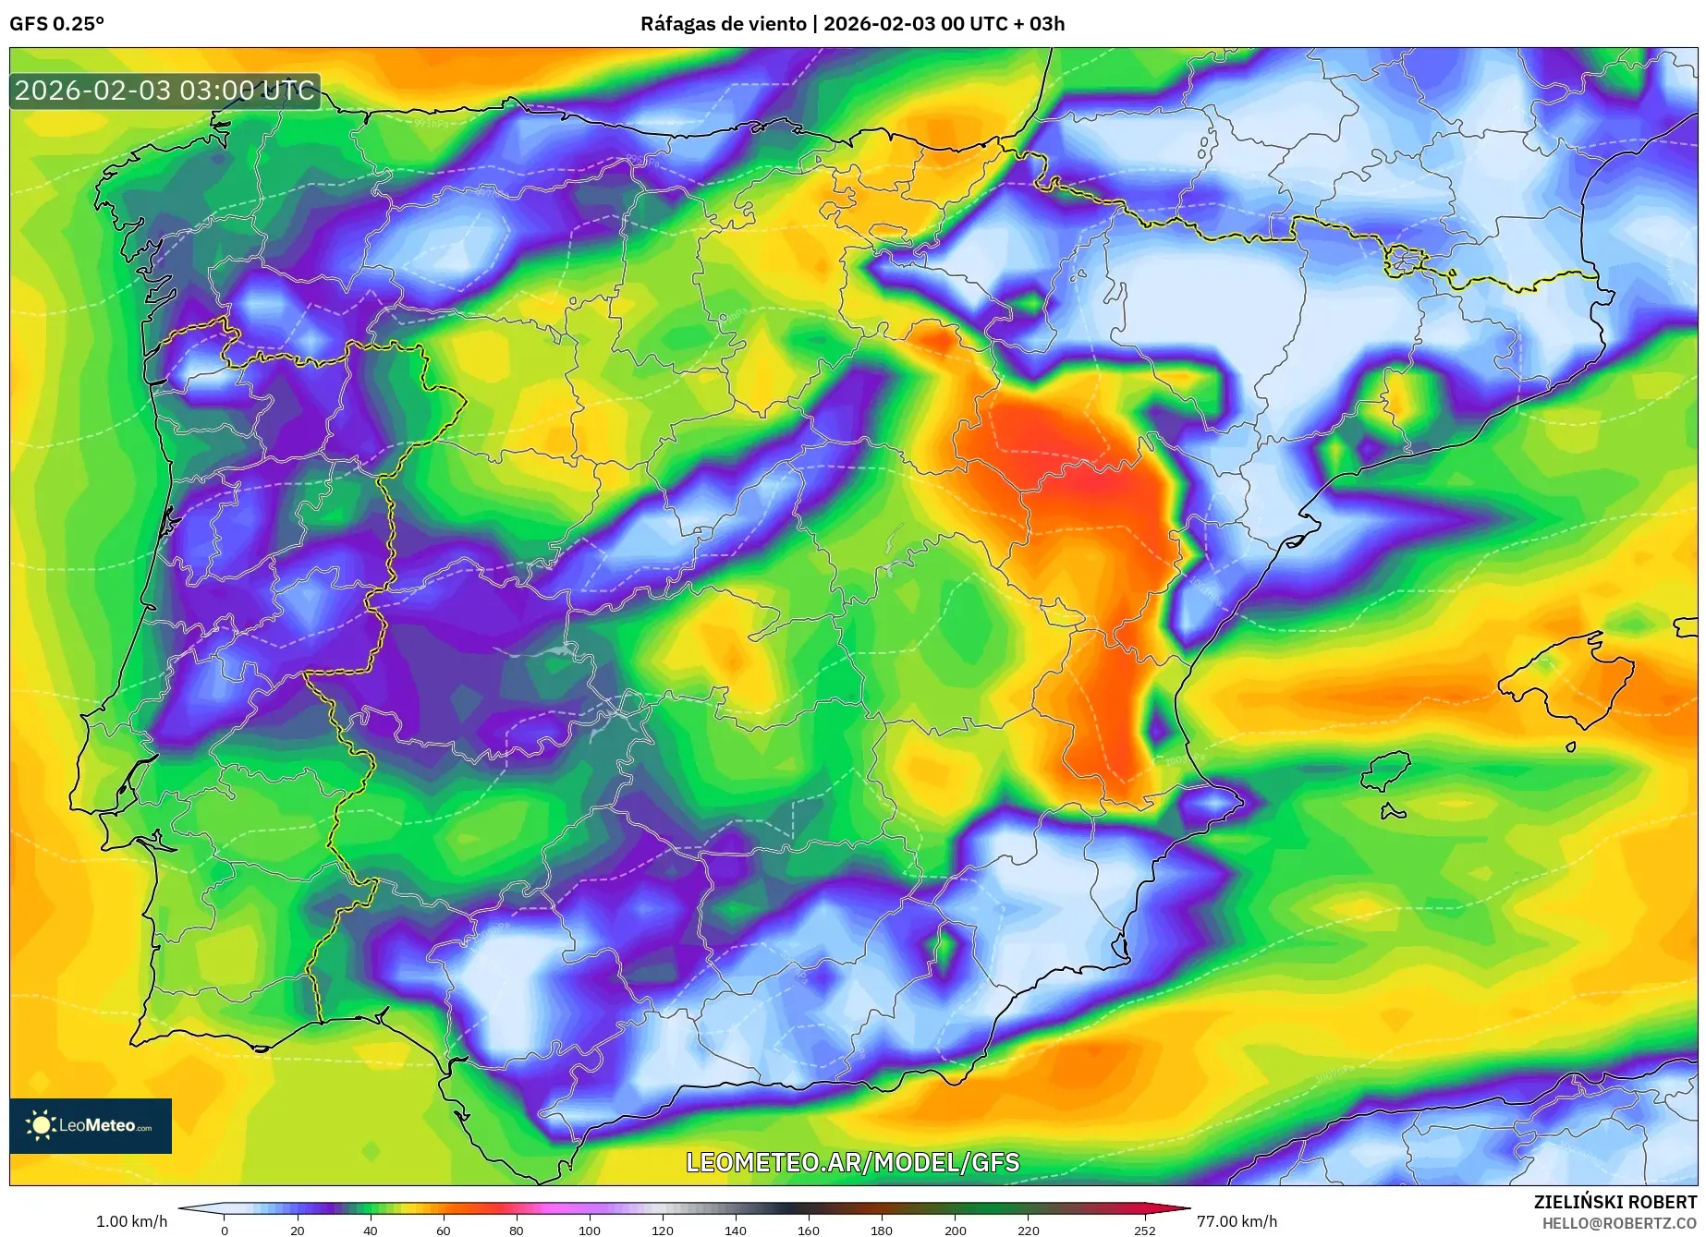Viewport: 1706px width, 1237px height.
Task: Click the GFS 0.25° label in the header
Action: [x=56, y=24]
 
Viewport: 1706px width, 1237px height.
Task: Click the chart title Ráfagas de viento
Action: [x=723, y=24]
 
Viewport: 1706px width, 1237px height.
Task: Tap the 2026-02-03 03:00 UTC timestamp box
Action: [x=165, y=91]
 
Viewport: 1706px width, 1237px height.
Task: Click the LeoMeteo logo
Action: [x=91, y=1125]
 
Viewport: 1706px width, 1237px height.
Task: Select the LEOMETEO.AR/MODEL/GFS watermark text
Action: [x=852, y=1162]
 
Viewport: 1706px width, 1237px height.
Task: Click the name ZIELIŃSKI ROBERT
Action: [x=1615, y=1202]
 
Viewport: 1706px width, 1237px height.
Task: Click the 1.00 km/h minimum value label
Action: [x=131, y=1221]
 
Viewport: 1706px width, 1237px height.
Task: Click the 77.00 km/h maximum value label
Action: [x=1237, y=1221]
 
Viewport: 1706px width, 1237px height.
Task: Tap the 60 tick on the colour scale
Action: [x=443, y=1230]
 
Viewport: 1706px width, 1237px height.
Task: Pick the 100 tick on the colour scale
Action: [x=589, y=1230]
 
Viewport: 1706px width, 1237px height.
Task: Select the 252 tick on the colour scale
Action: [x=1144, y=1230]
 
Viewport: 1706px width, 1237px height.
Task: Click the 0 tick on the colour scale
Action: [x=224, y=1230]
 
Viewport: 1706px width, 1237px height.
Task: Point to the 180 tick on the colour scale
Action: [x=881, y=1230]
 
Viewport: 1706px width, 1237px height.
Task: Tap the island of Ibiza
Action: [x=1387, y=770]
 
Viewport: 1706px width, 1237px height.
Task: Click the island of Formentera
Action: [x=1394, y=812]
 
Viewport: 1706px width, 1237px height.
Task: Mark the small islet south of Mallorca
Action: [x=1571, y=746]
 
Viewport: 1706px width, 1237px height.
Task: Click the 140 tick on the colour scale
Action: [x=735, y=1230]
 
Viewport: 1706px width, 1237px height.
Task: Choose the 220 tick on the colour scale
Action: [x=1028, y=1230]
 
